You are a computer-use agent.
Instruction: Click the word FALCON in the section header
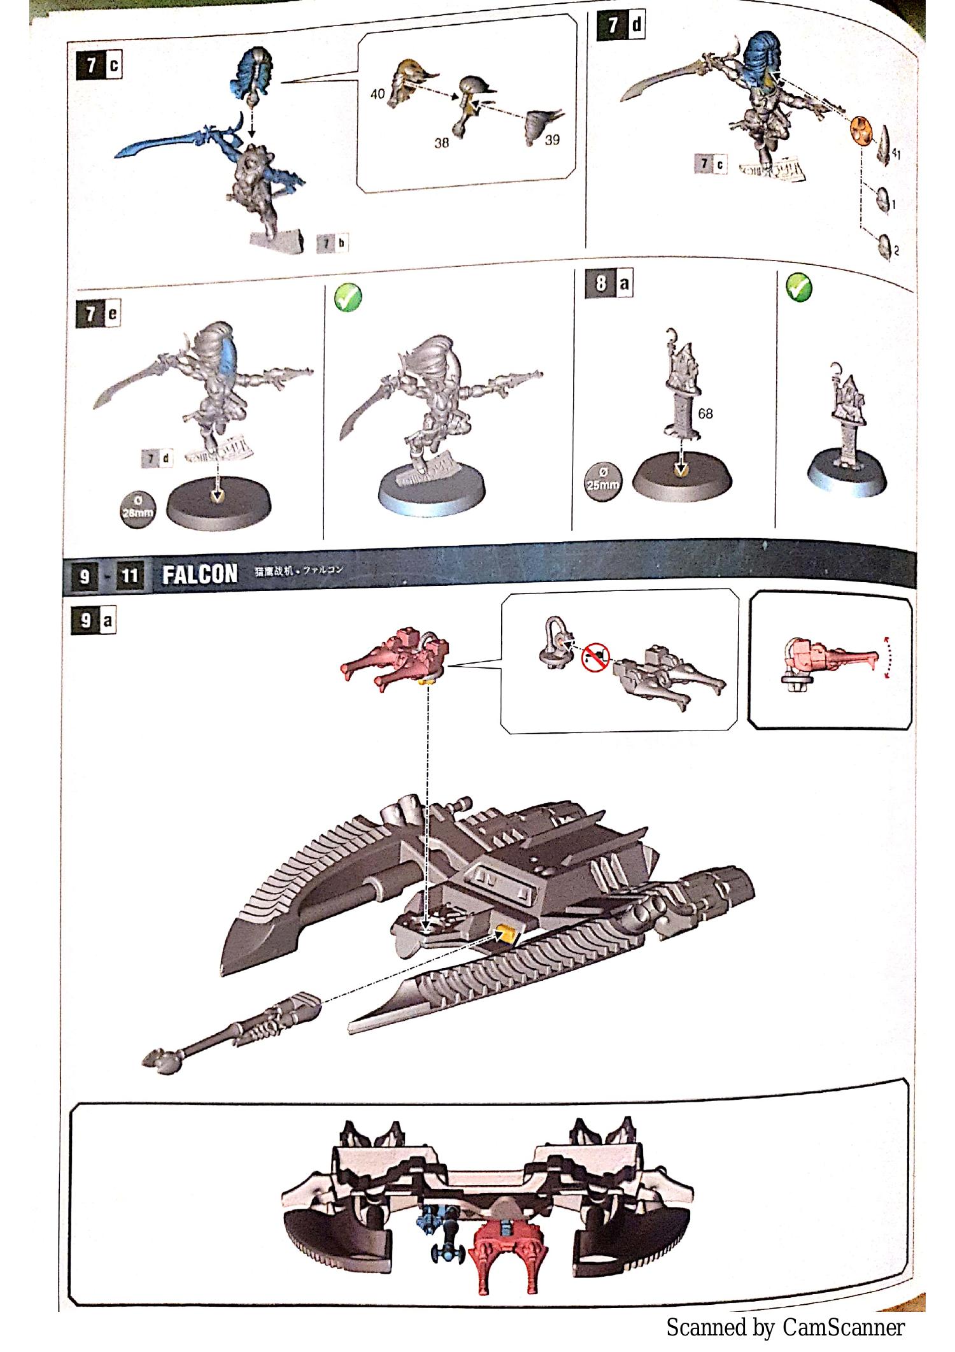tap(199, 574)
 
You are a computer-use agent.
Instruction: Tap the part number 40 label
tap(378, 94)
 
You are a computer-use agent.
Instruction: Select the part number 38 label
tap(442, 143)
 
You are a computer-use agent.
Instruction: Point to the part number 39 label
tap(553, 139)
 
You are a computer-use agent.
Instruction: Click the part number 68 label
tap(705, 413)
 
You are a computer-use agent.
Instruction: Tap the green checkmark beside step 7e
tap(348, 297)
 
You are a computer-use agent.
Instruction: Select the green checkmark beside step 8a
tap(799, 287)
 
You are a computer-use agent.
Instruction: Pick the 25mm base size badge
tap(602, 481)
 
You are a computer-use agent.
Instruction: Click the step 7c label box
tap(99, 66)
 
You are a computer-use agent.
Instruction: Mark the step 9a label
tap(93, 620)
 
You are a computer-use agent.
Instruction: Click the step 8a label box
tap(609, 284)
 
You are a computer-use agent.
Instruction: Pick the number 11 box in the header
tap(129, 577)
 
